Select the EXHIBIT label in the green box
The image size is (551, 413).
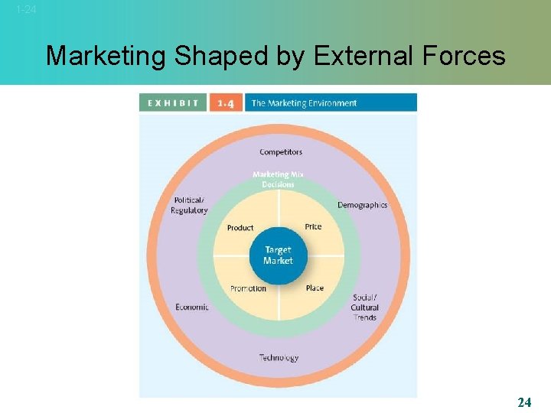click(173, 102)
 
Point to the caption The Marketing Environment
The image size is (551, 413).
click(304, 102)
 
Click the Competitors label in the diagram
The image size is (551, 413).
click(280, 152)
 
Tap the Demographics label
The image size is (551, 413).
click(362, 205)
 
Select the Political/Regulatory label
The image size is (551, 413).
click(189, 205)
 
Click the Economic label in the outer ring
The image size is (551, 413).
click(192, 307)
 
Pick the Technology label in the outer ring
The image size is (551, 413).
click(279, 357)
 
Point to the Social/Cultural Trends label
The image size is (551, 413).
click(365, 307)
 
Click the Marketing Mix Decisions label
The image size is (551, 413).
click(278, 179)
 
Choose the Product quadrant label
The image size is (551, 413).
click(240, 228)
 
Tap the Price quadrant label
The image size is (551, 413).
click(313, 226)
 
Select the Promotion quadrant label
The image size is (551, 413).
click(248, 288)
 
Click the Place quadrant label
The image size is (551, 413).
click(315, 288)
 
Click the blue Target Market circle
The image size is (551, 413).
click(278, 255)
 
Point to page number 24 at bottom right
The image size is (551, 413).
click(524, 402)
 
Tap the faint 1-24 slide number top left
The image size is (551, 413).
click(25, 10)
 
